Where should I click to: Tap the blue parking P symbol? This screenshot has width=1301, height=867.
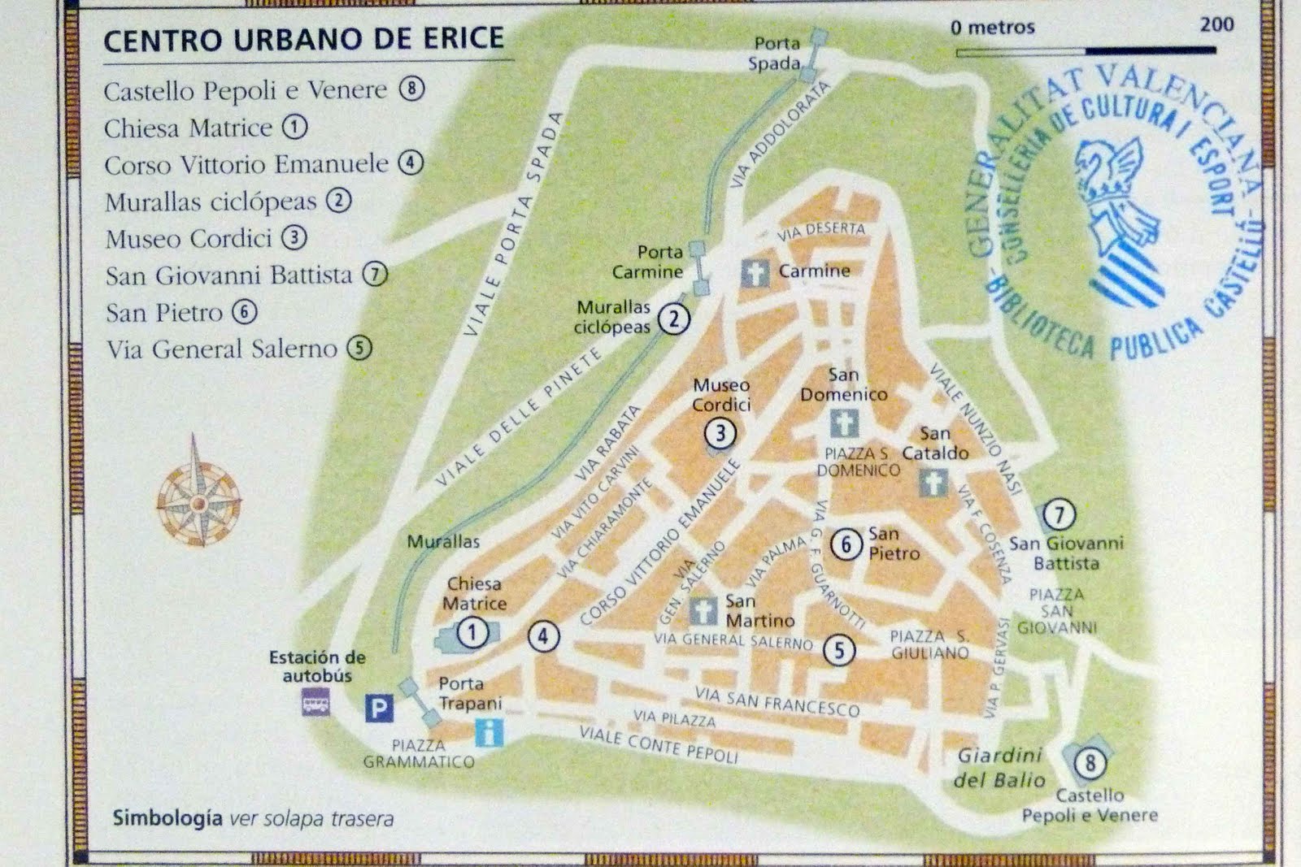378,709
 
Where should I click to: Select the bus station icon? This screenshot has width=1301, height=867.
315,701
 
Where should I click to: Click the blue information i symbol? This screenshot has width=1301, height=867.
489,733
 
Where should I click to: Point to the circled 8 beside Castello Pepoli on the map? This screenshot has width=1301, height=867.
1090,763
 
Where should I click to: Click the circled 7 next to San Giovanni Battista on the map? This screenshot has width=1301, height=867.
1059,514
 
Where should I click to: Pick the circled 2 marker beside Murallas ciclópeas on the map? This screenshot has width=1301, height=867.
673,319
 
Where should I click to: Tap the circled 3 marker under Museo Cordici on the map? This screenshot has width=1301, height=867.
720,433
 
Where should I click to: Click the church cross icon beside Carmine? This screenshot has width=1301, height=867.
755,272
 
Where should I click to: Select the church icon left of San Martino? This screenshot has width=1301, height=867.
703,610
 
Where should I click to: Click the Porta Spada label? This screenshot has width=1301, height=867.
776,53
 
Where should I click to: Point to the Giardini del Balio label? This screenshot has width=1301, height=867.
999,768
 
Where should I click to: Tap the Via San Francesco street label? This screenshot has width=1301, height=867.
777,701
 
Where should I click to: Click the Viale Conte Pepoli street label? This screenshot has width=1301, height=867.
659,744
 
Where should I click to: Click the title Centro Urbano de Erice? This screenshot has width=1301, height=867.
303,39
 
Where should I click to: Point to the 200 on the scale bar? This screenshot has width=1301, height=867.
1216,24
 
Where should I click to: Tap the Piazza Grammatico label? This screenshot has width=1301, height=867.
418,753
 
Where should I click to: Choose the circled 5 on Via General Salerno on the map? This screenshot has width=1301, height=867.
839,649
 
